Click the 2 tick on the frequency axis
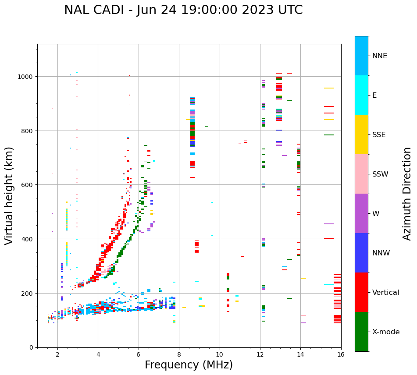pyautogui.click(x=57, y=354)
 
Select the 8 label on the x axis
pyautogui.click(x=179, y=354)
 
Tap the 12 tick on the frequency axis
pyautogui.click(x=260, y=354)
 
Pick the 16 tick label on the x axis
pyautogui.click(x=341, y=354)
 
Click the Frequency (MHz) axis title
pyautogui.click(x=189, y=365)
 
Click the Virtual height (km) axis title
pyautogui.click(x=9, y=195)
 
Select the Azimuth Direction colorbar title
pyautogui.click(x=407, y=194)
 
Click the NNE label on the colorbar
pyautogui.click(x=380, y=56)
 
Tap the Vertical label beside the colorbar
pyautogui.click(x=385, y=293)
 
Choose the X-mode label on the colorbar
pyautogui.click(x=386, y=332)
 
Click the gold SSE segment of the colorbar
pyautogui.click(x=361, y=134)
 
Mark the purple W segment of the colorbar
pyautogui.click(x=361, y=213)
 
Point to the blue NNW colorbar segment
pyautogui.click(x=361, y=253)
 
